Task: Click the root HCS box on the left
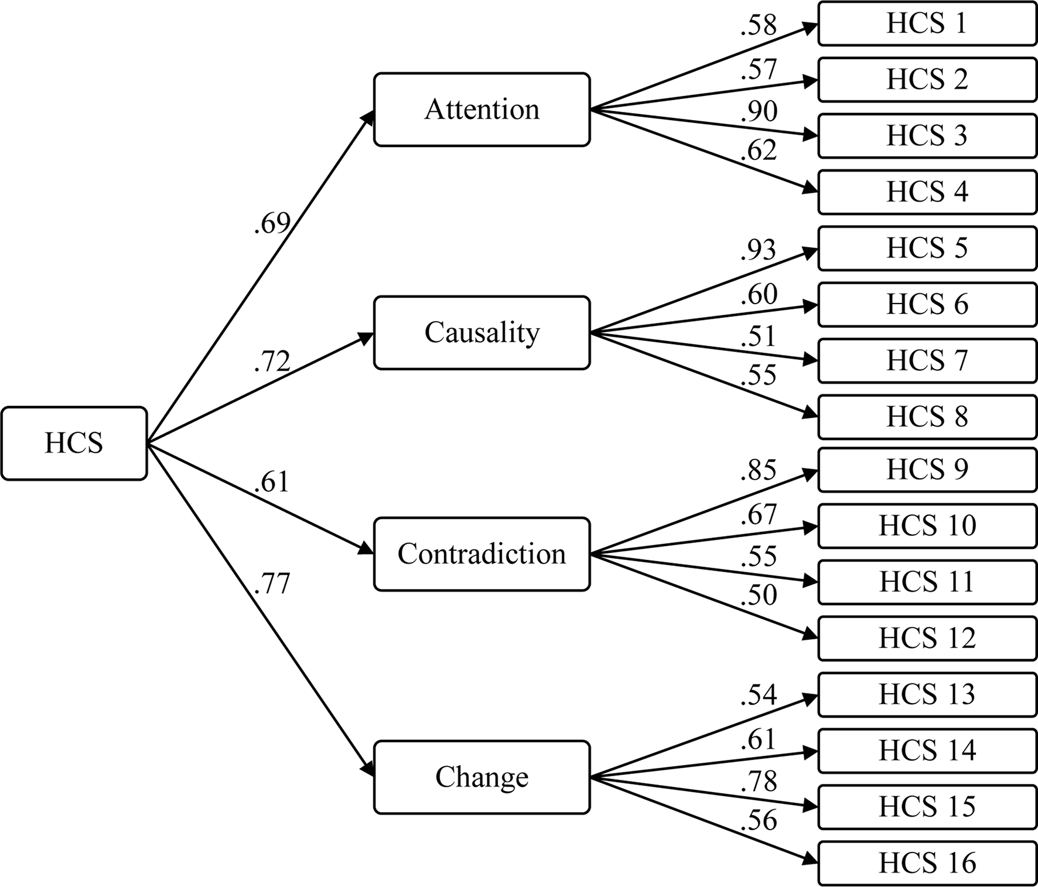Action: [74, 443]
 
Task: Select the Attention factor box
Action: [482, 110]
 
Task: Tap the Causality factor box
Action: [482, 333]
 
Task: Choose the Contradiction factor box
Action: [482, 554]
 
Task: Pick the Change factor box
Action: [482, 777]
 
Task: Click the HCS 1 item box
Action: [927, 24]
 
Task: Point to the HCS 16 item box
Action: [927, 863]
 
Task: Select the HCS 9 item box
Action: [927, 469]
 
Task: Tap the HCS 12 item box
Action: [927, 638]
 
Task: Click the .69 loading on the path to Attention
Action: [272, 223]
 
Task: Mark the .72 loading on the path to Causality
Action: [272, 361]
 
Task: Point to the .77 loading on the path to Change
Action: [272, 584]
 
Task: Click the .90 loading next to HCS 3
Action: [759, 111]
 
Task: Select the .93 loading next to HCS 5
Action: [758, 250]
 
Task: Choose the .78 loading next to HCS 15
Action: [759, 782]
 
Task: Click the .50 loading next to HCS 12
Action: [759, 595]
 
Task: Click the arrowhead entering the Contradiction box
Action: [367, 548]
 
